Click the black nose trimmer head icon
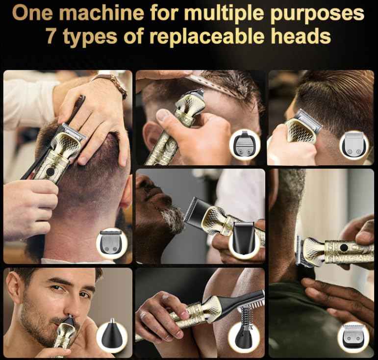point(112,337)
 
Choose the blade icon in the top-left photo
point(112,242)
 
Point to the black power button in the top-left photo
point(50,173)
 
